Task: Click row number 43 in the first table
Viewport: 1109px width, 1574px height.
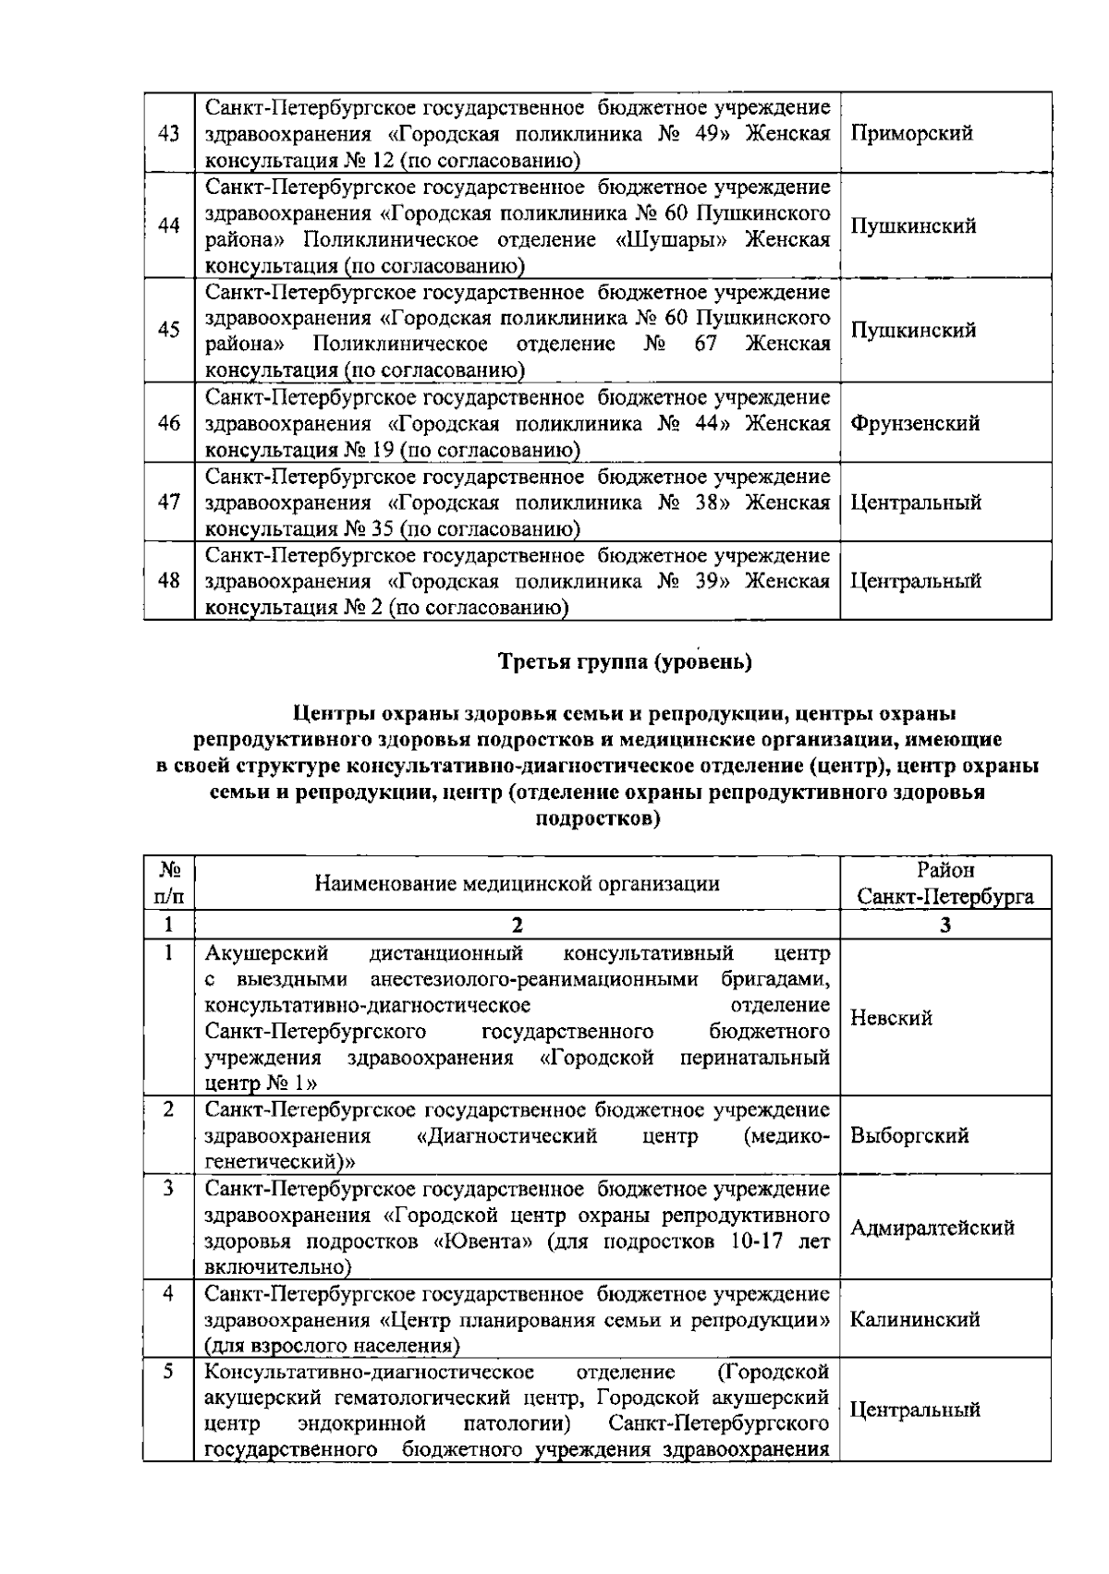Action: (x=168, y=133)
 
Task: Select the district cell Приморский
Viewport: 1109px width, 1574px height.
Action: (x=910, y=133)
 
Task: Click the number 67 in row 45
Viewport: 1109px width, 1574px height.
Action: (x=706, y=345)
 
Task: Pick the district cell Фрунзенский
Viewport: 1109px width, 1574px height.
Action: (x=914, y=423)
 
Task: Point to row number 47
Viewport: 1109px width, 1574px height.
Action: (x=168, y=502)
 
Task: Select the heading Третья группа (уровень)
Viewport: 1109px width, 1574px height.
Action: (x=625, y=661)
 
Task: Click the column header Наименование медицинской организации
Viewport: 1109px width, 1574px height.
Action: (x=517, y=883)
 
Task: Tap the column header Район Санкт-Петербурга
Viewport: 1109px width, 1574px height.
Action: (x=944, y=883)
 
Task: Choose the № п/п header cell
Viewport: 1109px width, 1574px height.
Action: (x=168, y=883)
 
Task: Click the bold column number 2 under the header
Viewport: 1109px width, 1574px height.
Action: (x=517, y=926)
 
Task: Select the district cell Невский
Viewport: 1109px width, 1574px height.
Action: (x=891, y=1018)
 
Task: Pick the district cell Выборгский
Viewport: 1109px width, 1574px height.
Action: (x=908, y=1135)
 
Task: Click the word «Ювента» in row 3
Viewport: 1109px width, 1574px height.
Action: (x=483, y=1241)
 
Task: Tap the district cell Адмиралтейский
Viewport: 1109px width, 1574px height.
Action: (x=932, y=1228)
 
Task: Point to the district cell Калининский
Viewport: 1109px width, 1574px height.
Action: (x=914, y=1319)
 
